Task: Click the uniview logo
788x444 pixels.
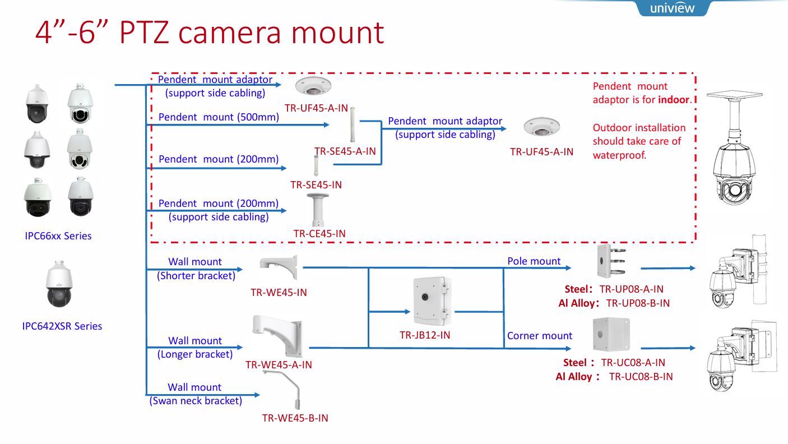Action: tap(672, 8)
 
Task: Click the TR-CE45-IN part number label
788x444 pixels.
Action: tap(319, 233)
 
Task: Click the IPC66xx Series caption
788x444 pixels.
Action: tap(58, 236)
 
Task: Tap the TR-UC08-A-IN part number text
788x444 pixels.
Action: tap(633, 363)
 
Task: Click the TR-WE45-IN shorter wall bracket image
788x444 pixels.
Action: tap(279, 266)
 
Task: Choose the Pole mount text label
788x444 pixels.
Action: tap(534, 261)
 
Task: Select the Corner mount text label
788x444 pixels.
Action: tap(539, 336)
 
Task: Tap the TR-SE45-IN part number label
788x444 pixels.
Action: tap(316, 185)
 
